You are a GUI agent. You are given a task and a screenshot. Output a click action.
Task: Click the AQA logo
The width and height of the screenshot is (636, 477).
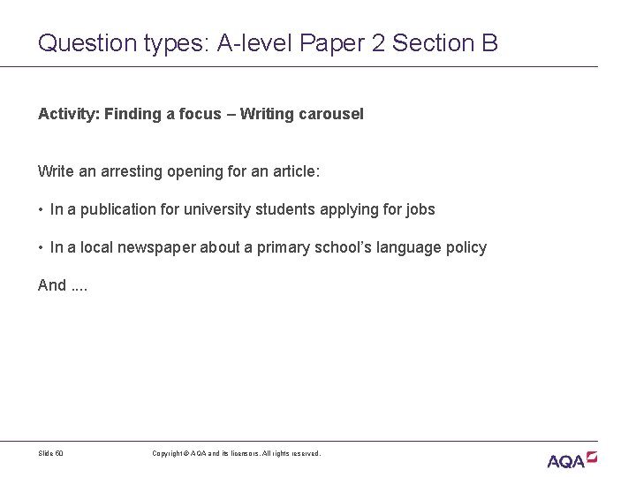click(x=572, y=459)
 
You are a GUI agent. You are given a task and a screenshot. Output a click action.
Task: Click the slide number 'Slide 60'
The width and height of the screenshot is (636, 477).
click(x=51, y=453)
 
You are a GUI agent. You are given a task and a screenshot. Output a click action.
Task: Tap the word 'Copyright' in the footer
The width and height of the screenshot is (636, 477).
click(x=169, y=453)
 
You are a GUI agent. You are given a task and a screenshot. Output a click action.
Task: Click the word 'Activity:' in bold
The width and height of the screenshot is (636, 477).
click(x=67, y=114)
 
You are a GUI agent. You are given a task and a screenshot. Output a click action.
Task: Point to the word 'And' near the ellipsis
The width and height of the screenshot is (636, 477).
click(x=51, y=284)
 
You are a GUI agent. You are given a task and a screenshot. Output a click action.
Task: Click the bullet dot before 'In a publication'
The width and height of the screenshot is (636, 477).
click(x=41, y=210)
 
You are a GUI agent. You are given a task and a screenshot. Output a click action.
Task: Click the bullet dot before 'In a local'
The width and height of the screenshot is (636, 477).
click(x=41, y=248)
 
